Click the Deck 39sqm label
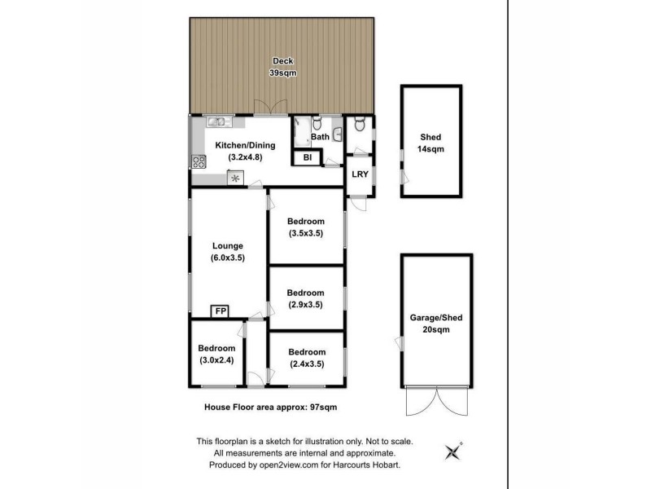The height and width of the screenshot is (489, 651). (x=282, y=68)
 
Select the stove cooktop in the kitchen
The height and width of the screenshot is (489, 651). (x=196, y=161)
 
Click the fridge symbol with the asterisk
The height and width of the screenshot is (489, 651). (x=236, y=178)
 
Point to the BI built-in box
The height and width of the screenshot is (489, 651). (x=308, y=157)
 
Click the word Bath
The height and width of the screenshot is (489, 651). (x=319, y=137)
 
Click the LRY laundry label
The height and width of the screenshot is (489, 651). (x=359, y=174)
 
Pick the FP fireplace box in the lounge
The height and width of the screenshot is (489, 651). (x=221, y=311)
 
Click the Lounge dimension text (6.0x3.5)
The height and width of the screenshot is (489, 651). (x=228, y=257)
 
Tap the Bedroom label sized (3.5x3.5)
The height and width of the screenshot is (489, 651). (x=306, y=227)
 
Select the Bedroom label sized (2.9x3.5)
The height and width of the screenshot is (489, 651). (x=306, y=298)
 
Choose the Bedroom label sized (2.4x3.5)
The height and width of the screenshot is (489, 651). (x=306, y=359)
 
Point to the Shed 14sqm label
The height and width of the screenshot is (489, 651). (x=430, y=143)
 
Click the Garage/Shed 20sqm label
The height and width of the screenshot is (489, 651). (x=437, y=323)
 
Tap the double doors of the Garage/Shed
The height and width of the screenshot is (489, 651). (x=437, y=402)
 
